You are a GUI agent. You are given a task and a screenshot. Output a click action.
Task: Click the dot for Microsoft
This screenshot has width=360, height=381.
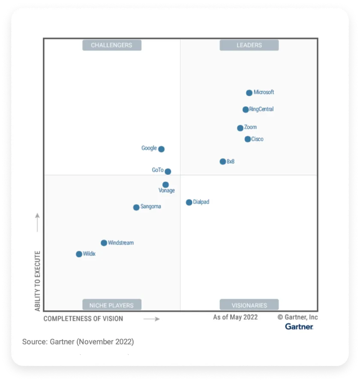249,93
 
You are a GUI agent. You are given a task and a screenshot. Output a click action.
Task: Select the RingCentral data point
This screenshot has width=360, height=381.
246,110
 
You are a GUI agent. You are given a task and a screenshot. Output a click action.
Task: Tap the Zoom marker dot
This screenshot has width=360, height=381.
240,128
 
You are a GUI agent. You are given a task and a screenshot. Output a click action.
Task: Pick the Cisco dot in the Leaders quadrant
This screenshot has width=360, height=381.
248,139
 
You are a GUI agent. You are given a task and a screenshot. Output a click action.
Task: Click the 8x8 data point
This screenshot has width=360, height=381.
223,162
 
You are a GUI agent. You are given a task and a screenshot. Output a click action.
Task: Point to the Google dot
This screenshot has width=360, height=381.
161,149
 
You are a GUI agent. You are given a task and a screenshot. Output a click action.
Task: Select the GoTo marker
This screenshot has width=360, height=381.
168,171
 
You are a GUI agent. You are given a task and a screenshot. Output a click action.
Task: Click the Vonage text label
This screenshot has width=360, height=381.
167,191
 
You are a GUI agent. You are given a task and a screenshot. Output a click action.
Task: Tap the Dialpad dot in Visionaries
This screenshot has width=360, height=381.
189,202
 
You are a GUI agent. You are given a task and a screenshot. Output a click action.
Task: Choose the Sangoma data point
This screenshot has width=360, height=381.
136,207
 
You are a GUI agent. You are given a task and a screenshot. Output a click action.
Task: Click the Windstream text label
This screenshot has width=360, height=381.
121,243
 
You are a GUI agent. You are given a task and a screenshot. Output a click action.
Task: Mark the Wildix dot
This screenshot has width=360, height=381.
79,254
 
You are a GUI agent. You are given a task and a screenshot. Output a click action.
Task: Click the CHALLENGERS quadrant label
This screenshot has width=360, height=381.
111,45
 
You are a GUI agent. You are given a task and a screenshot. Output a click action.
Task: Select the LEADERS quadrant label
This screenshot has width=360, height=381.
249,45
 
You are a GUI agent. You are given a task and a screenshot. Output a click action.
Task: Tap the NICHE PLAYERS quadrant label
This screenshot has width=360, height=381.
111,305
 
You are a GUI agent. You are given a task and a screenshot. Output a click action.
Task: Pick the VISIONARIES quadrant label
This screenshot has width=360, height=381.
249,305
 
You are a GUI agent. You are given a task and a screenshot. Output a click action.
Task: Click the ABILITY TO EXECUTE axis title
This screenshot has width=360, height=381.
38,281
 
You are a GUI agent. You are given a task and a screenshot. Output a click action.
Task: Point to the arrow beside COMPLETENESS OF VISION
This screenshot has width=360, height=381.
151,319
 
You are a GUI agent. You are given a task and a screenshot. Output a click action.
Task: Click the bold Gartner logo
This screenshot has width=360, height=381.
299,327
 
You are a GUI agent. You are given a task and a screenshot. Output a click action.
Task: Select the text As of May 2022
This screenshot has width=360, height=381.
235,317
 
